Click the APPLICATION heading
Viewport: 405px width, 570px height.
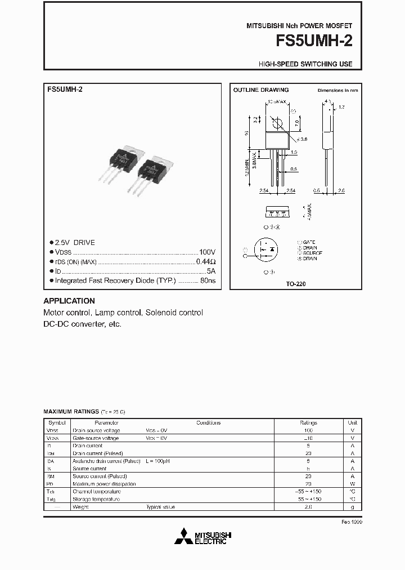click(x=69, y=301)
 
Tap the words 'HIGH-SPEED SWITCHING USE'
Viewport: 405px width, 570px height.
click(x=305, y=64)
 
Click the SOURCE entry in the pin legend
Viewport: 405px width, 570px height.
click(x=310, y=253)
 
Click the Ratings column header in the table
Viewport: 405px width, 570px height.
click(x=308, y=422)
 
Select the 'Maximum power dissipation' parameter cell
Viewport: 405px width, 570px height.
click(x=104, y=484)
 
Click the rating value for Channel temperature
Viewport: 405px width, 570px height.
click(x=308, y=492)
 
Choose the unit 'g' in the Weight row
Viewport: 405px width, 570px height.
click(x=353, y=507)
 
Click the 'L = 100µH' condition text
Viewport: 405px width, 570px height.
click(x=159, y=461)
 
